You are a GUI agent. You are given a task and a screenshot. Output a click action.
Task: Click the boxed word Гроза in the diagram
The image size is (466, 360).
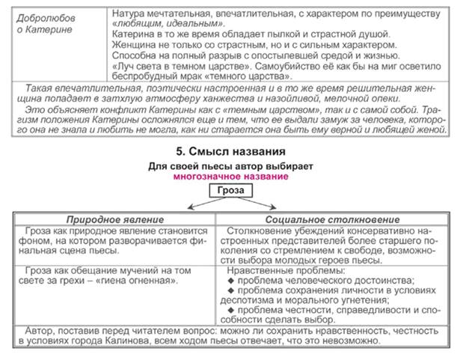pos(230,192)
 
